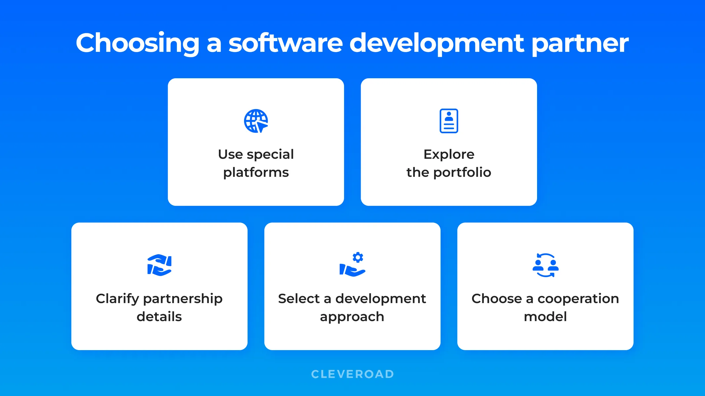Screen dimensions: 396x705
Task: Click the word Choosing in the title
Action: click(x=137, y=43)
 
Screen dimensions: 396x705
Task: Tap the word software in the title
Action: click(x=286, y=43)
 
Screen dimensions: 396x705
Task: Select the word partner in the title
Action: click(x=580, y=43)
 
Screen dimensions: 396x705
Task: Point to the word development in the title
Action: click(x=437, y=43)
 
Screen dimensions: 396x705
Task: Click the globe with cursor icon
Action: click(x=256, y=121)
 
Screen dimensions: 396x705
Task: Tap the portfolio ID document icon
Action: click(x=449, y=121)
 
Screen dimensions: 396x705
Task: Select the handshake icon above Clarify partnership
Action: click(x=159, y=265)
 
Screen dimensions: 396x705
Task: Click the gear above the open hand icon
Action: click(x=358, y=257)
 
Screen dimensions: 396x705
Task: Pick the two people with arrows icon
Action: click(x=545, y=265)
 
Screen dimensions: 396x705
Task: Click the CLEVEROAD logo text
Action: click(x=352, y=374)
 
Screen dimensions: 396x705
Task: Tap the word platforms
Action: click(x=256, y=173)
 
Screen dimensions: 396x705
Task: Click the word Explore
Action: click(x=449, y=154)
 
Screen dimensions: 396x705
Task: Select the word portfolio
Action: click(x=462, y=172)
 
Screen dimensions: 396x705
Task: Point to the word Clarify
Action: click(x=117, y=299)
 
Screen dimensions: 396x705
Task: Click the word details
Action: click(x=159, y=317)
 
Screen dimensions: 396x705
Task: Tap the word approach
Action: click(x=352, y=317)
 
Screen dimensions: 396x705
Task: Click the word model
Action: click(x=545, y=317)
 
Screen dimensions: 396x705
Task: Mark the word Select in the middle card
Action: click(x=298, y=299)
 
